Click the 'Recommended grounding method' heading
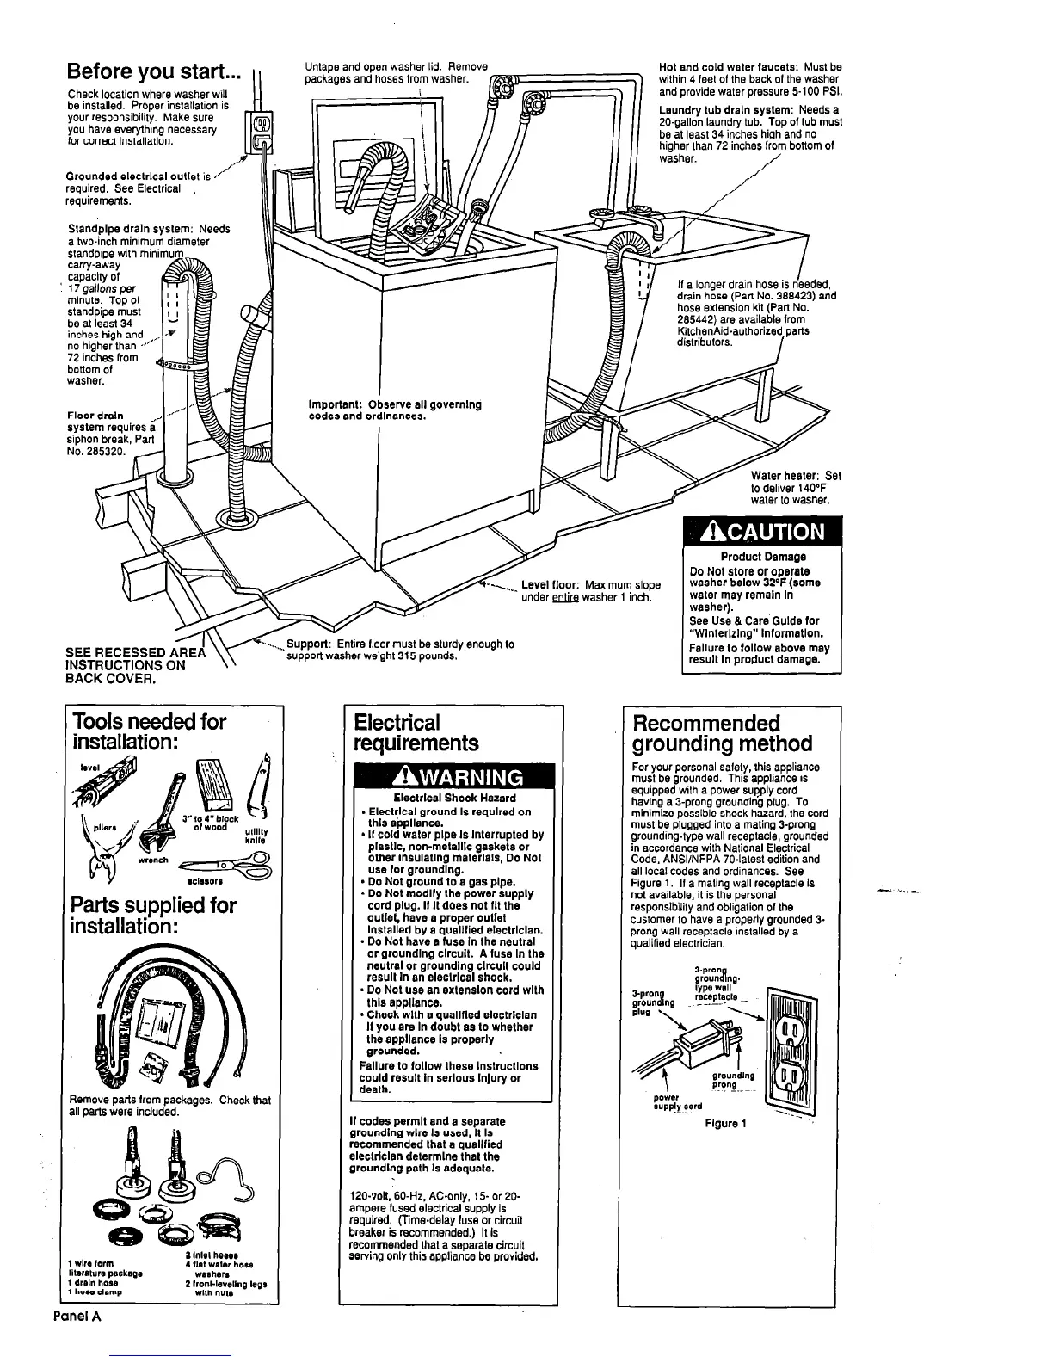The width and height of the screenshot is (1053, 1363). (722, 733)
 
